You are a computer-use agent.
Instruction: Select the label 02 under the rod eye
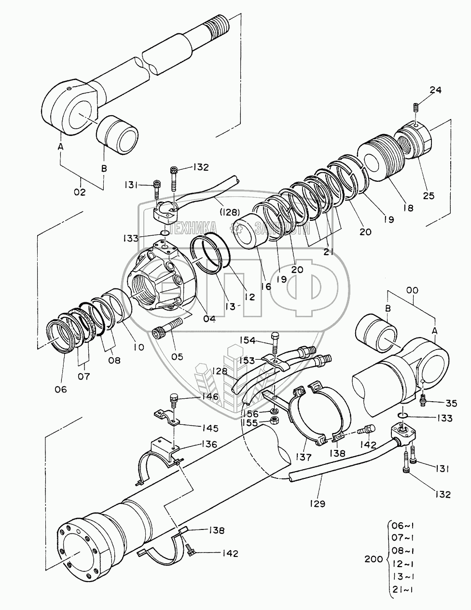coord(79,192)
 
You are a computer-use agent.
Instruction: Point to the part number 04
coord(209,318)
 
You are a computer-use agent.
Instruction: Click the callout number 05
coord(177,356)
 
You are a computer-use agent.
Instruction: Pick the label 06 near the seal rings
coord(60,389)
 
